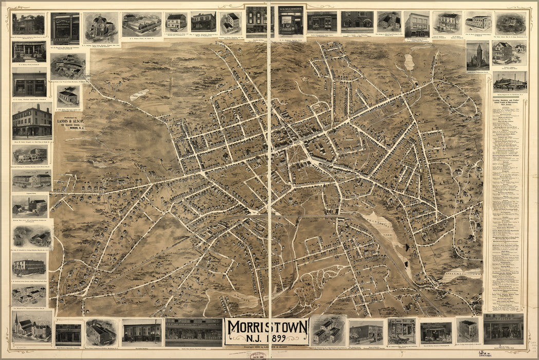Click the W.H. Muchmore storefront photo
point(291,21)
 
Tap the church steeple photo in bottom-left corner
point(31,326)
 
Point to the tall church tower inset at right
point(477,56)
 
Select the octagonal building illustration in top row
point(101,27)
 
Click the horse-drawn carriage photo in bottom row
point(401,331)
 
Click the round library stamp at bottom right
point(483,353)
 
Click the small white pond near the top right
point(409,62)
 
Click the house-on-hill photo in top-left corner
point(28,24)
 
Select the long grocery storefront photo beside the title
point(193,332)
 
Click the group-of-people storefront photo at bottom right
point(503,329)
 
